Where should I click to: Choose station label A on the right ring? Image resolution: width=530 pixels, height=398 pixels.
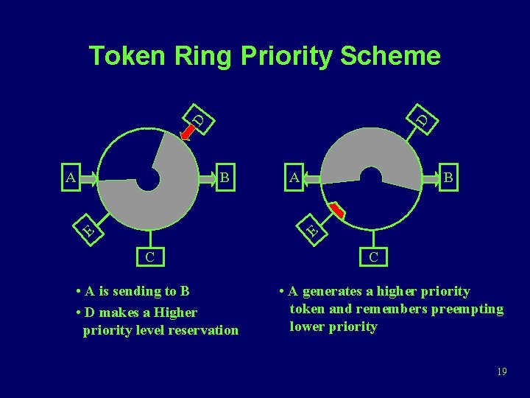294,177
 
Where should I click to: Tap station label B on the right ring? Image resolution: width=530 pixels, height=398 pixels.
449,177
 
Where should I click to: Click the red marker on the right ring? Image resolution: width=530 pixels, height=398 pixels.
336,211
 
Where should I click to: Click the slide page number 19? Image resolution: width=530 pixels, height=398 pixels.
501,371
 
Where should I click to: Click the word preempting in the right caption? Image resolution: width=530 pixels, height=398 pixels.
468,309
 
